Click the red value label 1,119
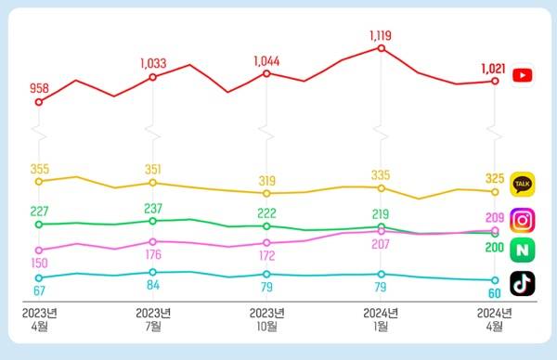382,35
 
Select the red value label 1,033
154,63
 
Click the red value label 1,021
494,69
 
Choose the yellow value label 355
40,169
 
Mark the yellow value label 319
267,181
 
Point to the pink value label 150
39,264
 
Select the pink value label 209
495,218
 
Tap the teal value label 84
154,285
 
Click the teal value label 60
495,292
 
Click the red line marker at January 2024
382,47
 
